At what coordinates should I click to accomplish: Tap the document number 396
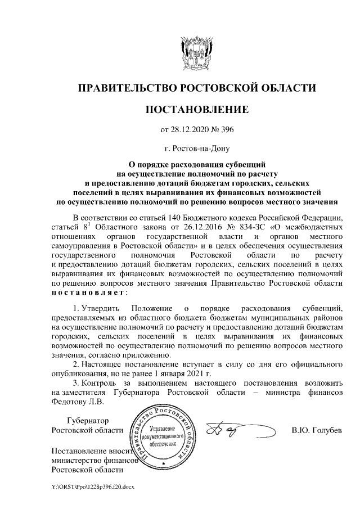click(225, 130)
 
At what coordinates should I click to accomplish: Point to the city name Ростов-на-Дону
click(200, 149)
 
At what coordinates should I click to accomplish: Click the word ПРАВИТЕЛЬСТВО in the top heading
click(127, 88)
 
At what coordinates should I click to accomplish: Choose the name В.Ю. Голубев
click(316, 431)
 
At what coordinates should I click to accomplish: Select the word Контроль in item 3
click(101, 384)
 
